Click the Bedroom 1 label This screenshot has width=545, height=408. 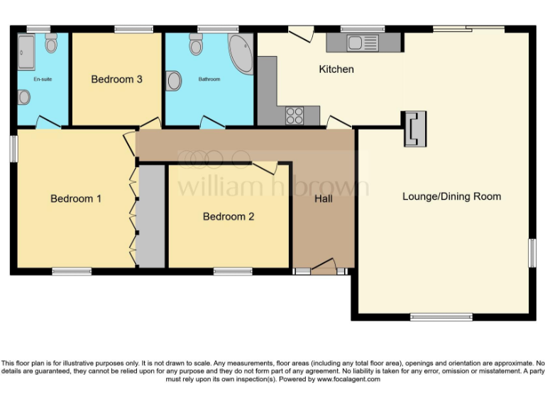point(76,199)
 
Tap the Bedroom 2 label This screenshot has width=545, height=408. point(229,217)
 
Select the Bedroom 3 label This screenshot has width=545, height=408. point(116,79)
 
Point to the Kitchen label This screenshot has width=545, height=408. point(336,69)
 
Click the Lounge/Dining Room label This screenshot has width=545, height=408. point(451,196)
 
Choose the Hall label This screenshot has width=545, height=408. point(323,199)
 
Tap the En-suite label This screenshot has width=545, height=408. point(43,79)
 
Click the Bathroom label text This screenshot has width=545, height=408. point(209,79)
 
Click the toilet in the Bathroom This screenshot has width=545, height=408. point(197,45)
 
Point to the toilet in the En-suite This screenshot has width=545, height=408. point(51,44)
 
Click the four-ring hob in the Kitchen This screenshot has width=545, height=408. point(294,115)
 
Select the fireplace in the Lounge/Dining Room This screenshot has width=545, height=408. point(414,128)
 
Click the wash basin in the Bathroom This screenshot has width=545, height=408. point(172,81)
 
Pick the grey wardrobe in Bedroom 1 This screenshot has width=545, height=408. point(150,217)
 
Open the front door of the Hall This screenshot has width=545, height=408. point(323,268)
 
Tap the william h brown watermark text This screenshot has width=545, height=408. point(272,186)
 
